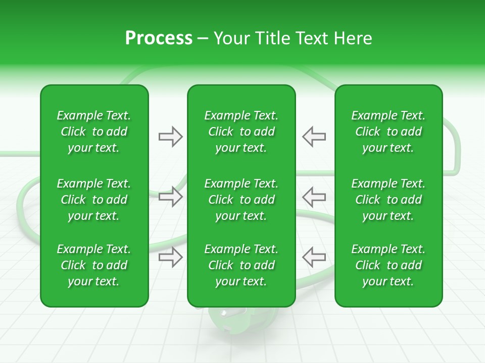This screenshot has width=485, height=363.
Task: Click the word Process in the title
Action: coord(159,38)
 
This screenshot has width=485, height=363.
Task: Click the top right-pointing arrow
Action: coord(170,137)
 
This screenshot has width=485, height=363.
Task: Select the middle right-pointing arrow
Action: coord(170,196)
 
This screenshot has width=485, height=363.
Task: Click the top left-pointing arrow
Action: coord(314,137)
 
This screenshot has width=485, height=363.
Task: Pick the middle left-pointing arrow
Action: coord(314,196)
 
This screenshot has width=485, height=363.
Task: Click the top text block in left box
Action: coord(94,132)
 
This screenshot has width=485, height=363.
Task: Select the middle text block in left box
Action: coord(94,200)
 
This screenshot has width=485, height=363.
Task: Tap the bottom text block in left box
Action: coord(94,265)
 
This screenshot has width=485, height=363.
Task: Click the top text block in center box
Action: coord(241,132)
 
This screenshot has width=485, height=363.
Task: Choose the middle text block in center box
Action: coord(241,200)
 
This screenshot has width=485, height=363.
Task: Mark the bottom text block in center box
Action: coord(241,265)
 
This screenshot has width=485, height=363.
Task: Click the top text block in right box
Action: coord(388,132)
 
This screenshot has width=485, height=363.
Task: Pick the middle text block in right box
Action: coord(388,200)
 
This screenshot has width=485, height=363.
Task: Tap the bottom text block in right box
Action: coord(388,265)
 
